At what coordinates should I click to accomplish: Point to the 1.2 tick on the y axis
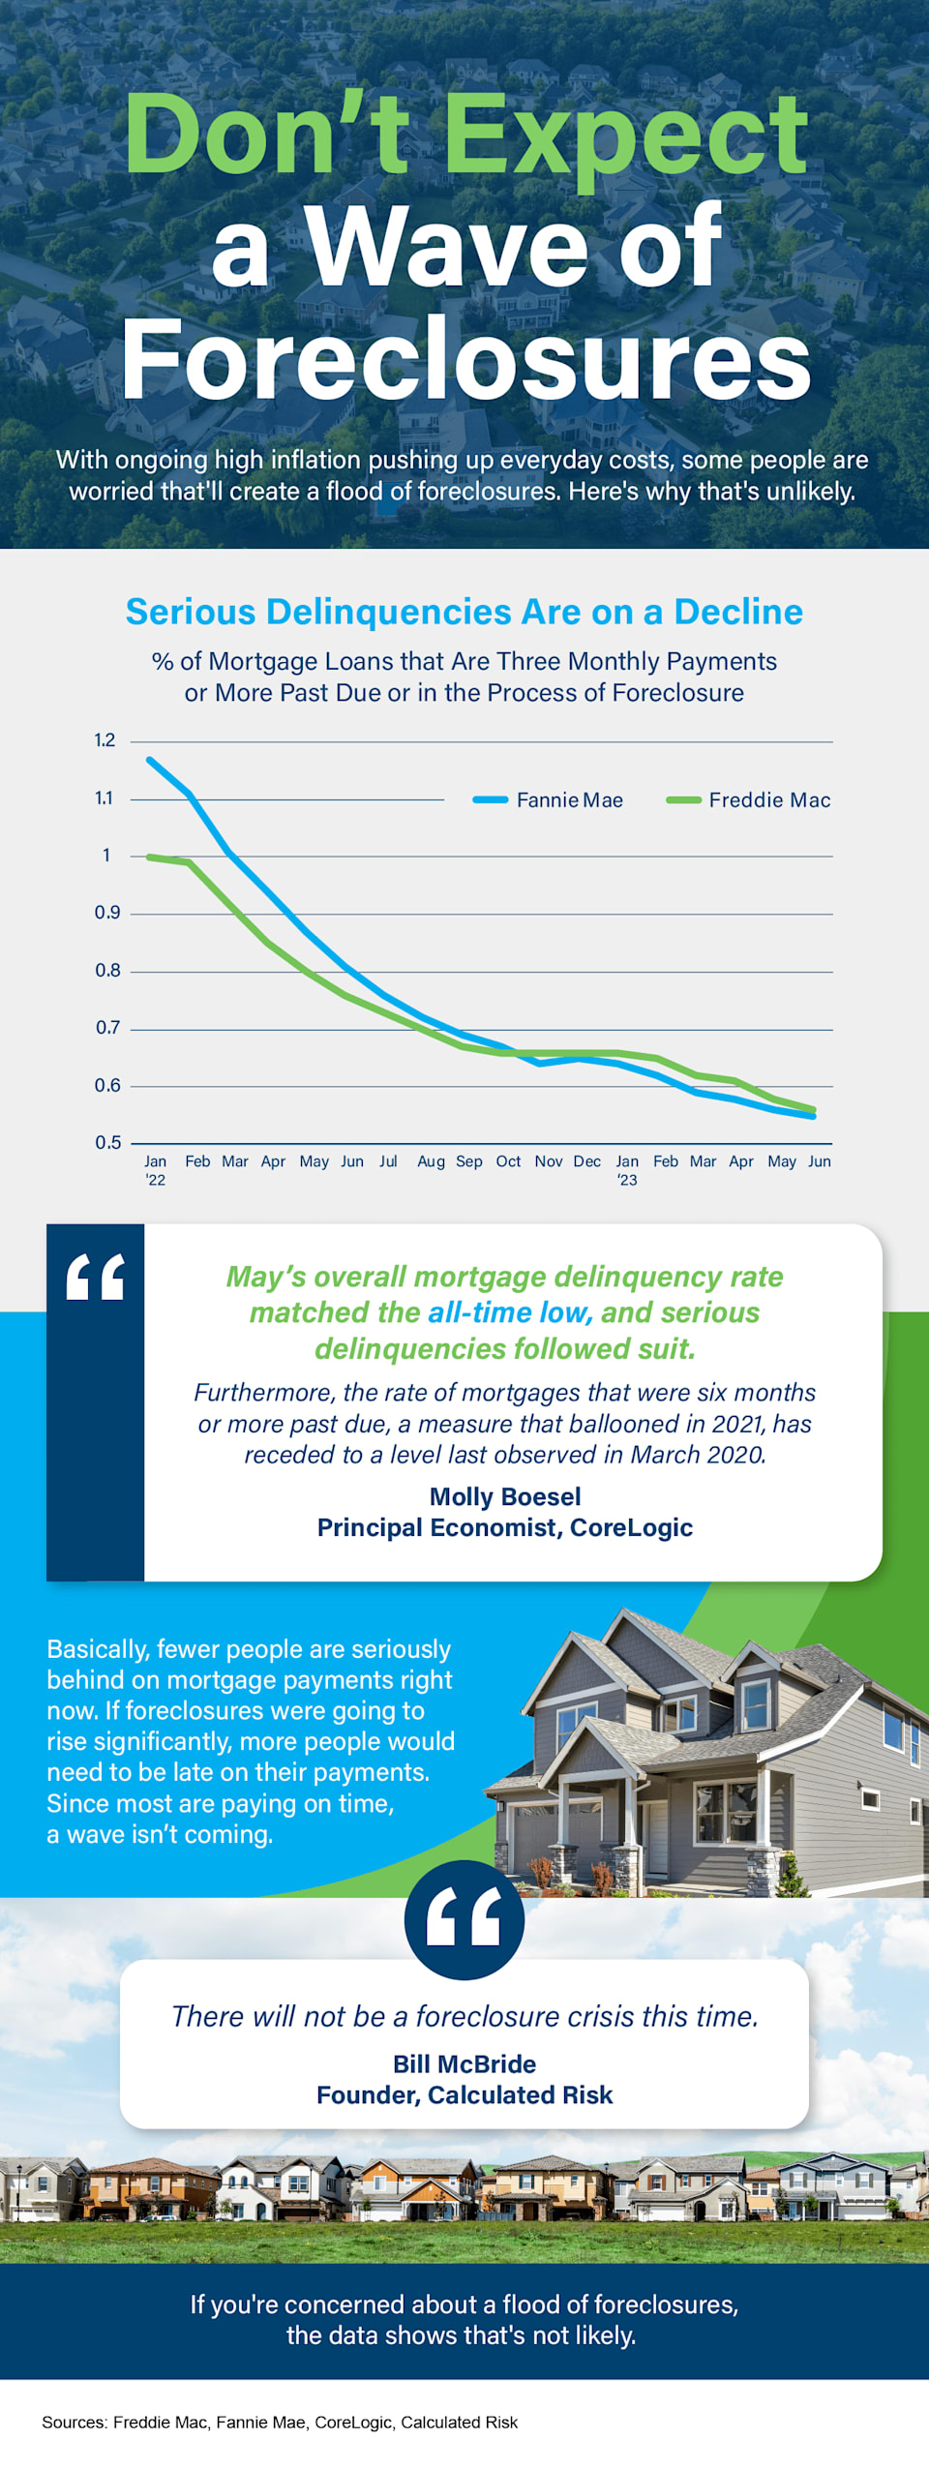pos(105,740)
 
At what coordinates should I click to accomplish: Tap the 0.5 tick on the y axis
pos(107,1142)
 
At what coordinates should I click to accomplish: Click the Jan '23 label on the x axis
pos(627,1169)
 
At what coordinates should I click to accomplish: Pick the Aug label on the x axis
pos(431,1160)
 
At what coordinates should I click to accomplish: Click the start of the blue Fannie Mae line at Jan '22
pos(149,760)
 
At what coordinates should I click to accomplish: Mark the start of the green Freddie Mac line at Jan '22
pos(149,857)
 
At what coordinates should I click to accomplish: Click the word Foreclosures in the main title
pos(464,360)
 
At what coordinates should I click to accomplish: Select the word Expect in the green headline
pos(624,135)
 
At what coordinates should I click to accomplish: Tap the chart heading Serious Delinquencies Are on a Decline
pos(464,612)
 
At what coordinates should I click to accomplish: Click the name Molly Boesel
pos(504,1496)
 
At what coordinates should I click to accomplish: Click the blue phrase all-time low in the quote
pos(509,1312)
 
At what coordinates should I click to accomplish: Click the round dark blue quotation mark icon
pos(464,1919)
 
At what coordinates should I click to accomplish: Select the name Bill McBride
pos(464,2063)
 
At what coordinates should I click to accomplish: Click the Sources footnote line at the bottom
pos(280,2422)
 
